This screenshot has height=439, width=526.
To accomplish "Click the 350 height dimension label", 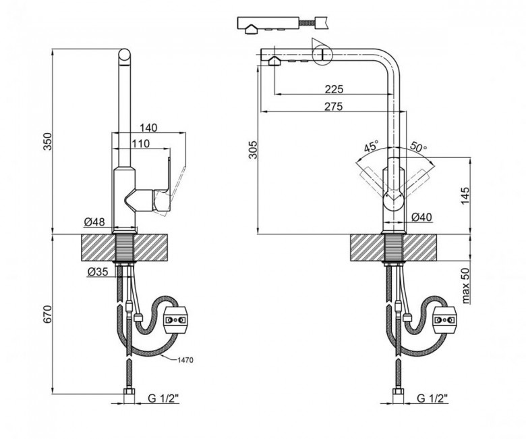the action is tap(48, 141).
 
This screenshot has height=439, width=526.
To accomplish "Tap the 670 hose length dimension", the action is tap(48, 314).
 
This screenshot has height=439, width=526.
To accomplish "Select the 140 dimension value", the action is tap(148, 128).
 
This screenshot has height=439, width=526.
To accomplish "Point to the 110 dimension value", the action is tap(140, 144).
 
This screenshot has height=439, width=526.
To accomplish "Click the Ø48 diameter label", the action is tap(94, 222).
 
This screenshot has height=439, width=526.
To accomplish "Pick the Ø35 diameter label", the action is tap(98, 272).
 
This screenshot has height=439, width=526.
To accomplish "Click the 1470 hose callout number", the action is tap(185, 361).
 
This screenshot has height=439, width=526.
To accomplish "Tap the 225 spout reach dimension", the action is tap(334, 89).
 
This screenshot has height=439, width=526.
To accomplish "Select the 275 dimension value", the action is tap(334, 107).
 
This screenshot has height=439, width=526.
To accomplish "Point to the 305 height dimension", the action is tap(254, 149).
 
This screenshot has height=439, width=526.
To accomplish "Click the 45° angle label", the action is tap(372, 147).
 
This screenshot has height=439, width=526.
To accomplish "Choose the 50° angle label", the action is tap(419, 147).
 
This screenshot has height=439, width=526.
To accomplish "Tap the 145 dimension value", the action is tap(465, 195).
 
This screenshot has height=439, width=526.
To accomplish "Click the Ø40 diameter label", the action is tap(421, 217).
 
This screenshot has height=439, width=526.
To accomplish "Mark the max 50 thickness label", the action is tap(465, 286).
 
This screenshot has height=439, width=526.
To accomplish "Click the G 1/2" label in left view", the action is tap(163, 398).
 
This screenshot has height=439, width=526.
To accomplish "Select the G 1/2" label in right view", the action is tap(433, 398).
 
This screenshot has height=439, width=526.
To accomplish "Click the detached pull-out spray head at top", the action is tap(268, 24).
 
